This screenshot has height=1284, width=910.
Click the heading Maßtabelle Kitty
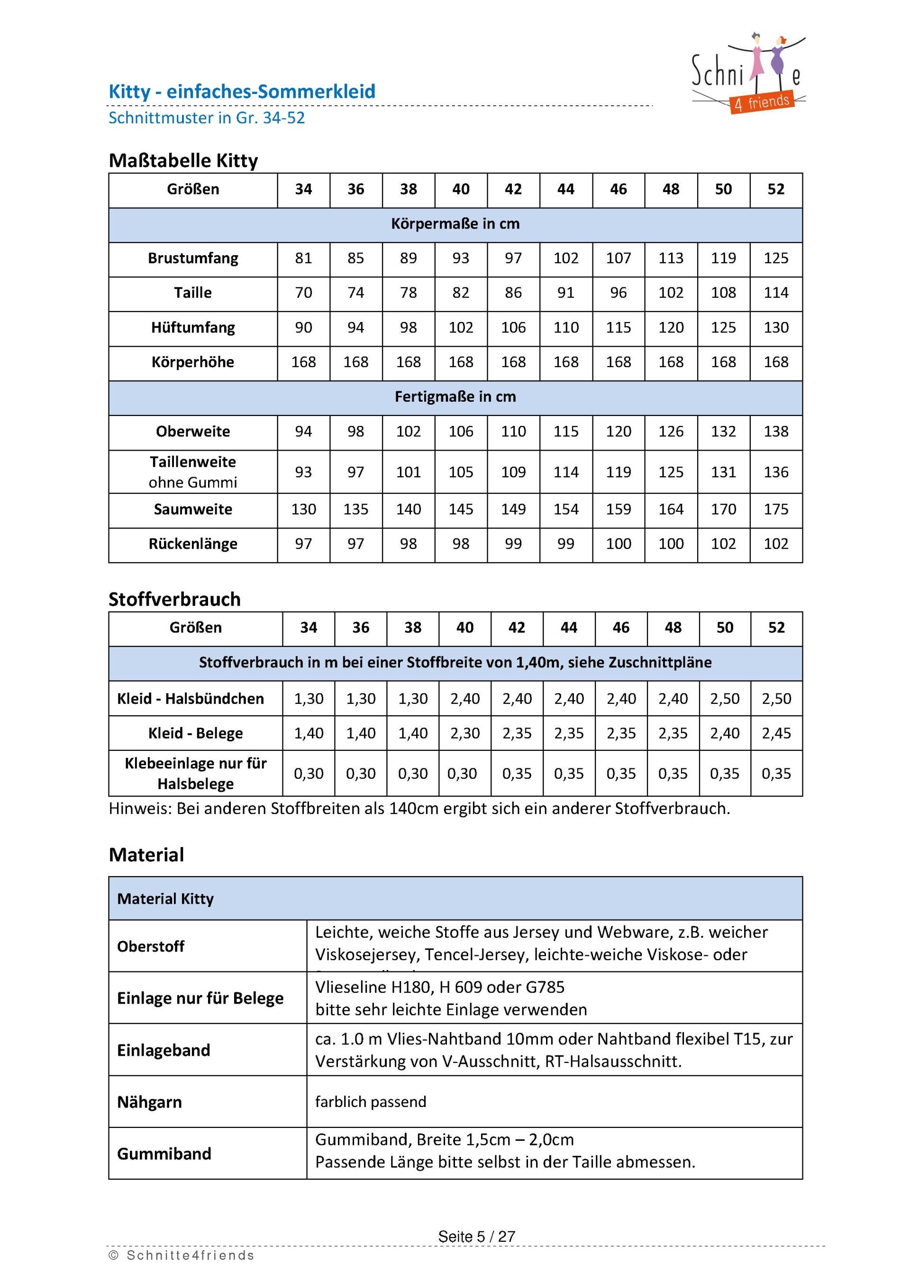coord(183,160)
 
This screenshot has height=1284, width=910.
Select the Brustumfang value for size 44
coord(565,259)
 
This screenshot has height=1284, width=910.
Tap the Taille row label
coord(193,293)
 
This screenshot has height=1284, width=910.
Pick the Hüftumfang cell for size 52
coord(775,327)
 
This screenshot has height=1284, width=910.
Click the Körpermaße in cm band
coord(455,224)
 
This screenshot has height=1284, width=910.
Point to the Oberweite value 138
coord(775,431)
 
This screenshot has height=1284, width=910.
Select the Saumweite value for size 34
coord(303,509)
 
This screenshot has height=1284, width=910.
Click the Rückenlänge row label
coord(193,544)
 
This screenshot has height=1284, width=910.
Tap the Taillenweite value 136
coord(775,472)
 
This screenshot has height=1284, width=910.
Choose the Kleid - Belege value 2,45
coord(776,733)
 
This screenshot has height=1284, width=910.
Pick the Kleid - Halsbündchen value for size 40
coord(464,699)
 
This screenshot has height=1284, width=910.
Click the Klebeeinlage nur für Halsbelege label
coord(196,773)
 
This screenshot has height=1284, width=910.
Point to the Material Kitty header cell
coord(165,899)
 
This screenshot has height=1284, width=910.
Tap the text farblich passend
coord(370,1102)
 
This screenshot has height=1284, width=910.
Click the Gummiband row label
coord(164,1154)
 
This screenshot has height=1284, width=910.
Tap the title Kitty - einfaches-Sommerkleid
coord(242,92)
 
